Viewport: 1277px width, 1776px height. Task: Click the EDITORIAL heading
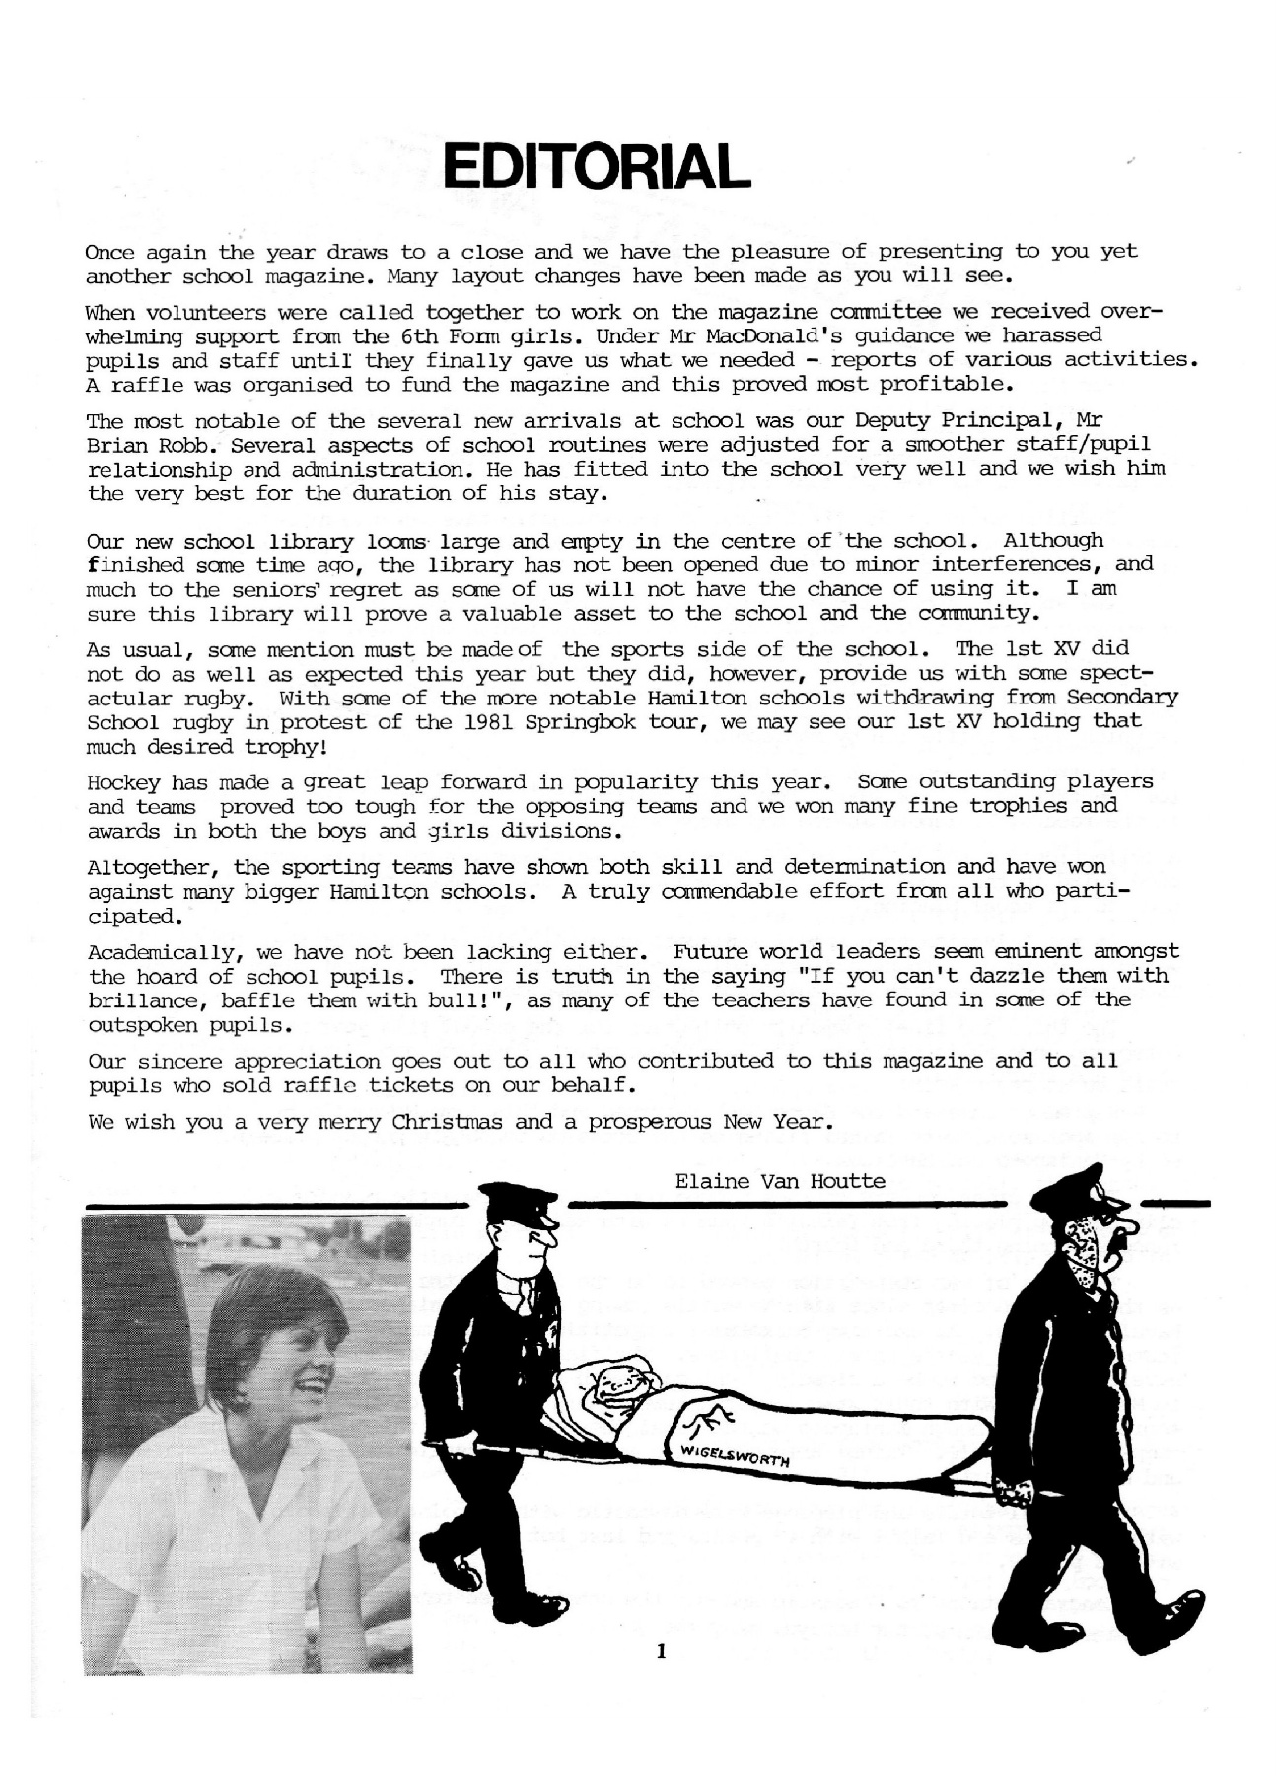(596, 168)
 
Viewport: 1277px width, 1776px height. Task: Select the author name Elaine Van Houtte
(780, 1181)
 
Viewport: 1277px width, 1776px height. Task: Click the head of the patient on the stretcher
(613, 1383)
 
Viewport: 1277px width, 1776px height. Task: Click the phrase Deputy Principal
(967, 421)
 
